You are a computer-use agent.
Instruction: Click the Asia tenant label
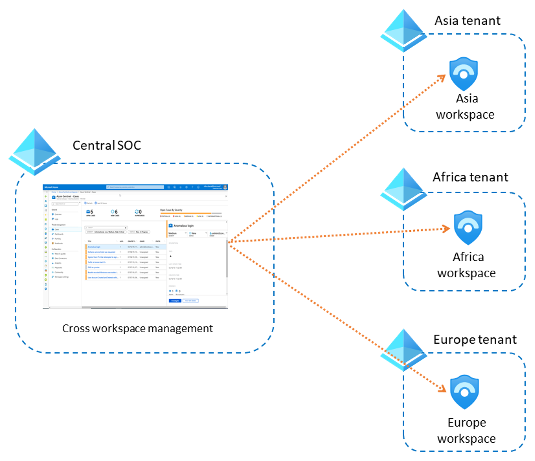pos(467,21)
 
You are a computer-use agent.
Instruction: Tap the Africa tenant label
pos(470,177)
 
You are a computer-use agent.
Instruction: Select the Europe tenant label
pos(475,340)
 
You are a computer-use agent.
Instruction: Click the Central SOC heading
pos(107,146)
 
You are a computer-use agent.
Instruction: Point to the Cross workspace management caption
pos(137,328)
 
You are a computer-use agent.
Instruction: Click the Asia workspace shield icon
pos(463,73)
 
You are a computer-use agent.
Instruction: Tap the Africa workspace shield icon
pos(468,227)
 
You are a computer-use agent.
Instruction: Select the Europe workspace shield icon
pos(464,392)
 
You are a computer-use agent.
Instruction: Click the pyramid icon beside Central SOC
pos(35,152)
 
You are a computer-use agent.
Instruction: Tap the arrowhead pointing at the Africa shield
pos(446,229)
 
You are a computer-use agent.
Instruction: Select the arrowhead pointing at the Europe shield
pos(443,389)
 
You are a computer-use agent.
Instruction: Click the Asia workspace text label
pos(466,106)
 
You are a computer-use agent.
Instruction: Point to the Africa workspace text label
pos(467,265)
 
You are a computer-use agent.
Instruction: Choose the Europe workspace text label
pos(467,431)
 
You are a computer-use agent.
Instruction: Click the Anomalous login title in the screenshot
pos(183,226)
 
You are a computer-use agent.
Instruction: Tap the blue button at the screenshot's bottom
pos(175,301)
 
